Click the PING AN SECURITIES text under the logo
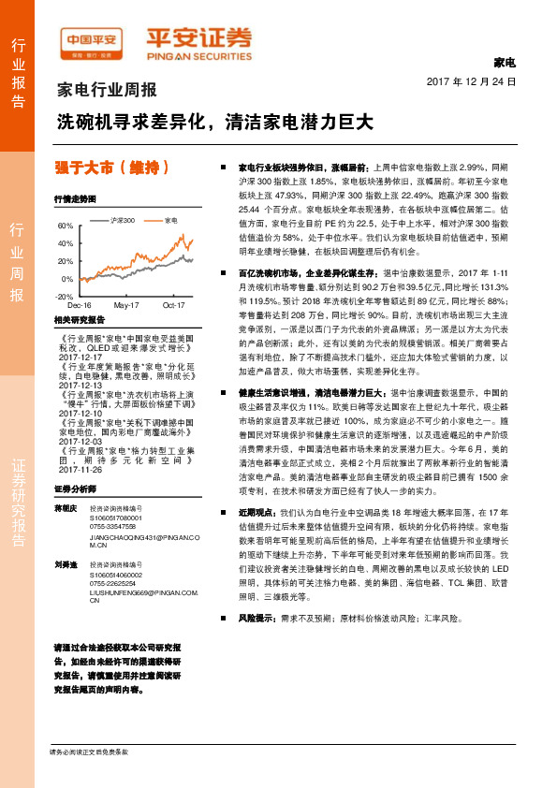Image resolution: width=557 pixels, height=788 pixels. (x=198, y=54)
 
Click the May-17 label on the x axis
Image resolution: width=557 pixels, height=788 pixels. (x=126, y=305)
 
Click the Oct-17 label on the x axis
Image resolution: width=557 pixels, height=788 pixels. (x=174, y=305)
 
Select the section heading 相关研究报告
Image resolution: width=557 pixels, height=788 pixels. (x=76, y=320)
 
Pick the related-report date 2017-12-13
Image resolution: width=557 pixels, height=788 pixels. (x=81, y=385)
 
